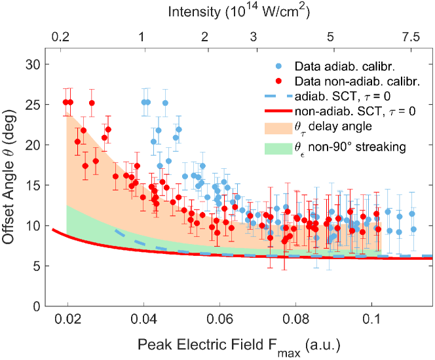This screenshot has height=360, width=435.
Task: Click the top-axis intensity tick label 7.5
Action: coord(411,39)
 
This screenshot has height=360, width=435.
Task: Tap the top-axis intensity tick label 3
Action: coord(254,39)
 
